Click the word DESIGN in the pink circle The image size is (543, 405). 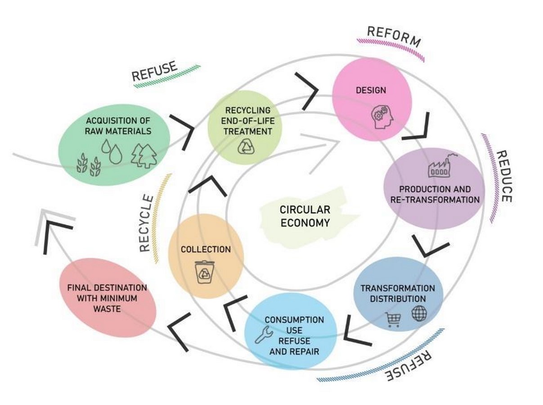[x=371, y=90]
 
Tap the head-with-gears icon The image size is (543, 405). [x=382, y=117]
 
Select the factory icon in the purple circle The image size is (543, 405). [x=442, y=165]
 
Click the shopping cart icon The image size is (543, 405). [x=393, y=319]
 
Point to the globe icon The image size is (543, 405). [x=419, y=313]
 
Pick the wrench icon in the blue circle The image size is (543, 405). [x=264, y=334]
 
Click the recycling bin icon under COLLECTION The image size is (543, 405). [x=204, y=272]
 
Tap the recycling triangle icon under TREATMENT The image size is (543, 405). [x=246, y=146]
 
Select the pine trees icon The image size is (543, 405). [x=144, y=155]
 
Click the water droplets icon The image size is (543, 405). [x=112, y=151]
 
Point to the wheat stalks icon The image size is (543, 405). [x=89, y=164]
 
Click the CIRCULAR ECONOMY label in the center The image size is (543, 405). [x=305, y=216]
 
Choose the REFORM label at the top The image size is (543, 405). [x=394, y=37]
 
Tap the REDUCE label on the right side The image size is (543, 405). [x=504, y=176]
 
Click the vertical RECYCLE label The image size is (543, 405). [x=147, y=223]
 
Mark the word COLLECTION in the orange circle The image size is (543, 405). [x=206, y=249]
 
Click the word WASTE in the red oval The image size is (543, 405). [x=107, y=309]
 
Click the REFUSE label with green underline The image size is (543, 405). [x=154, y=71]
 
